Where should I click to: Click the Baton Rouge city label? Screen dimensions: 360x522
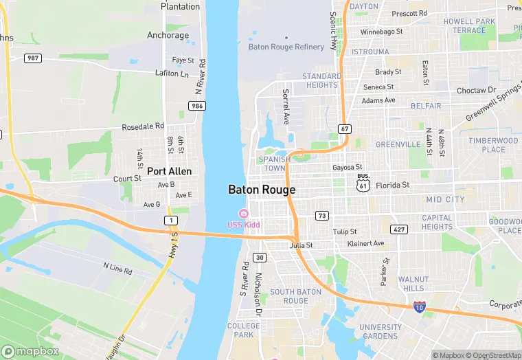click(262, 190)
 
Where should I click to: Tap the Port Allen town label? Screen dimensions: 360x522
click(169, 171)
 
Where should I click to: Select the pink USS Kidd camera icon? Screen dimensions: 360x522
click(243, 214)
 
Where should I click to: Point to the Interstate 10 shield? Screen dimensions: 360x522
click(419, 307)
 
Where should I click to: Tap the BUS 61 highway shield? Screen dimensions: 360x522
click(363, 183)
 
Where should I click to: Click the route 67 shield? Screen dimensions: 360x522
click(345, 129)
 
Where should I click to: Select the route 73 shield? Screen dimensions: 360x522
click(321, 216)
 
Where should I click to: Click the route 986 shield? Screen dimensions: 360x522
click(198, 106)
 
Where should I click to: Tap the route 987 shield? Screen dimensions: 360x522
click(32, 58)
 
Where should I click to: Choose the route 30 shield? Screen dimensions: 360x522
click(259, 258)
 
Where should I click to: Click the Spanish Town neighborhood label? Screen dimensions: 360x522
click(274, 164)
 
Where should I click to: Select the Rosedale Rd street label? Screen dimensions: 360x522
click(143, 126)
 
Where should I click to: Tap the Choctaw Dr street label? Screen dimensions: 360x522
click(476, 90)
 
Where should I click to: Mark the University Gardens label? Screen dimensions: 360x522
click(380, 331)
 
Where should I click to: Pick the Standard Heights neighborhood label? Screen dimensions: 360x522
click(321, 80)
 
